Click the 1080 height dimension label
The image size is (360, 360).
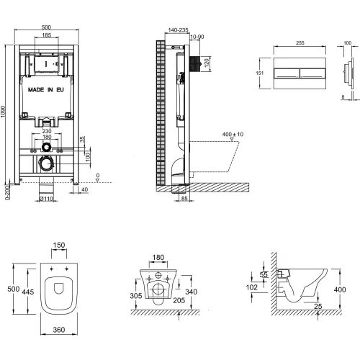click(3, 112)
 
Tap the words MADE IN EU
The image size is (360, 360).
click(46, 90)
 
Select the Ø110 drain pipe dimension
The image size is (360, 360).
click(46, 199)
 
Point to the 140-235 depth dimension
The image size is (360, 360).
click(178, 30)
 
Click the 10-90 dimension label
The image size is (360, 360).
click(197, 37)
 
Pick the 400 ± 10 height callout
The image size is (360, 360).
click(233, 134)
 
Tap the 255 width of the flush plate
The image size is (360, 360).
click(300, 42)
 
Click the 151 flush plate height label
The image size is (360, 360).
click(260, 73)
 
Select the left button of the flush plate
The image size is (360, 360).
click(287, 73)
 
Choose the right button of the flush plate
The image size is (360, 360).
click(312, 73)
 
